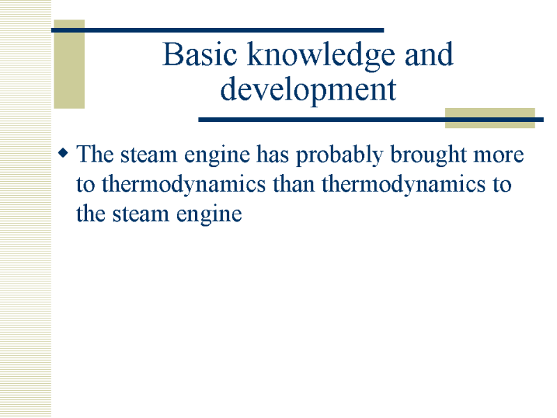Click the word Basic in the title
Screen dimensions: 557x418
tap(200, 54)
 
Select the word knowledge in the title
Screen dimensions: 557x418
tap(321, 56)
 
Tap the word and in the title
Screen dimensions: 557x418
tap(429, 54)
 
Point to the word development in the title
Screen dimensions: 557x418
tap(308, 90)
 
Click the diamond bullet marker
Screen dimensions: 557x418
tap(63, 153)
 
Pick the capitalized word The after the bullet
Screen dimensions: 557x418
tap(95, 154)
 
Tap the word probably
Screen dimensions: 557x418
tap(340, 156)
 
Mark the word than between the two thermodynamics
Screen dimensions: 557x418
tap(294, 184)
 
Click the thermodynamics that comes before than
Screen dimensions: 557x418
tap(183, 186)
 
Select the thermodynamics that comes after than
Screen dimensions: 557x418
tap(404, 186)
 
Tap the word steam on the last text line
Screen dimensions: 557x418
tap(141, 215)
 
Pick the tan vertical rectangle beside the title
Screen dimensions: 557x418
tap(69, 64)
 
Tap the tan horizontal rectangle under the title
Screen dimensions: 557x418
tap(490, 118)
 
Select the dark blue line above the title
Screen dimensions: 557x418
tap(217, 30)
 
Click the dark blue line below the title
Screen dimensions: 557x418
tap(371, 120)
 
